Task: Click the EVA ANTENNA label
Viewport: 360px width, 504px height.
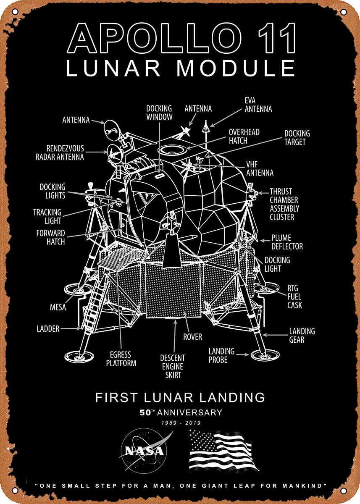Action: [x=258, y=105]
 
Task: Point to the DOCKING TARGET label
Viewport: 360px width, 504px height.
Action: [x=297, y=137]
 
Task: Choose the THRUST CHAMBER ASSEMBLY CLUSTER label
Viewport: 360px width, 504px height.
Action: [x=284, y=204]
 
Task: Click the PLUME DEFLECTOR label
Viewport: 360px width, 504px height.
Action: [x=287, y=242]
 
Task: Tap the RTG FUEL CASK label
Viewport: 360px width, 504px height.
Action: [x=294, y=297]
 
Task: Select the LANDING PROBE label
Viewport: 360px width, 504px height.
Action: [x=221, y=355]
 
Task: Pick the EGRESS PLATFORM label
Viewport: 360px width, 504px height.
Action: [x=121, y=359]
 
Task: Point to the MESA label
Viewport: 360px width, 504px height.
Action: [x=58, y=307]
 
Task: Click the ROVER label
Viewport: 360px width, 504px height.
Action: [x=192, y=337]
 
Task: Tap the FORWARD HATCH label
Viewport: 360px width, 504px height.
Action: [x=50, y=237]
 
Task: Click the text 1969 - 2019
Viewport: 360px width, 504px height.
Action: [x=180, y=423]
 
